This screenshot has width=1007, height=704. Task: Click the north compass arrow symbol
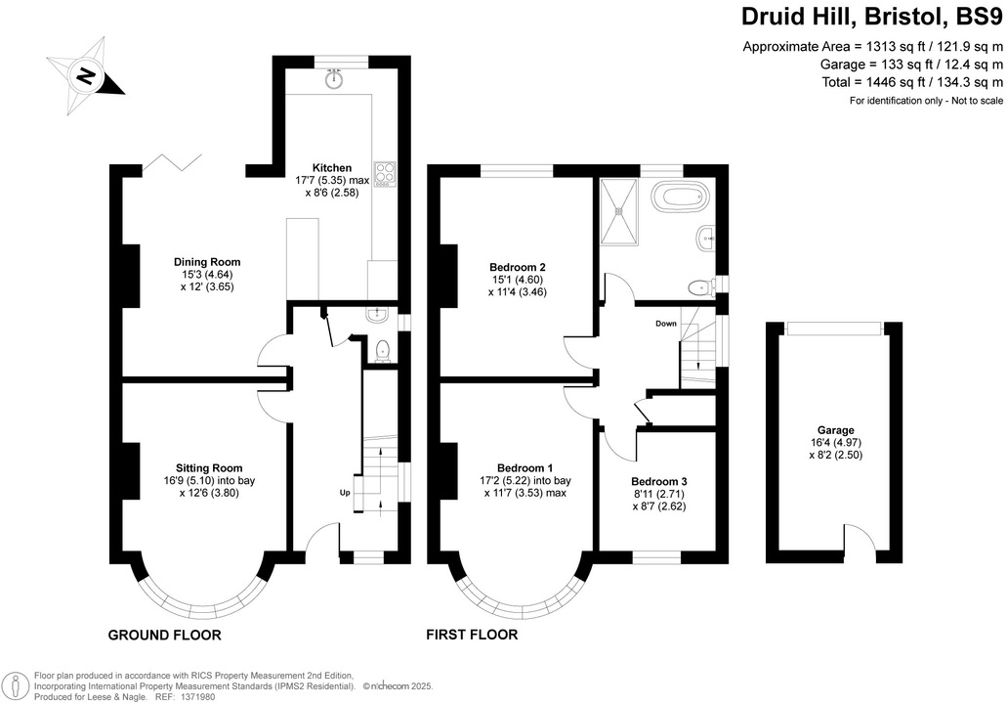(86, 73)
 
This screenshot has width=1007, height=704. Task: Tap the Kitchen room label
(331, 167)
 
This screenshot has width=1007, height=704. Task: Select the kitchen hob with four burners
(384, 172)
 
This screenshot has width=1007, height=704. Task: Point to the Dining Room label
(207, 262)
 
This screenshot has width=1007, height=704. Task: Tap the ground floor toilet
(383, 350)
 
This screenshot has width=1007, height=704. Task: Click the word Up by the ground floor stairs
(345, 493)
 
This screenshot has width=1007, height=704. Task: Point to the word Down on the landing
(666, 324)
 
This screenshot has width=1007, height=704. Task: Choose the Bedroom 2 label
(517, 267)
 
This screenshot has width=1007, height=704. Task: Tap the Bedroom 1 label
(524, 467)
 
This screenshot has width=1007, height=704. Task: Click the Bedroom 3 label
(658, 481)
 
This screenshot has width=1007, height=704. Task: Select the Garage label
(836, 430)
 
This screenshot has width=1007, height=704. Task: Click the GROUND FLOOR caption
(164, 636)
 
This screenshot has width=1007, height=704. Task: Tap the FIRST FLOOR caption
(472, 636)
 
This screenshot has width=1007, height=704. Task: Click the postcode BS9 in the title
(978, 17)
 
